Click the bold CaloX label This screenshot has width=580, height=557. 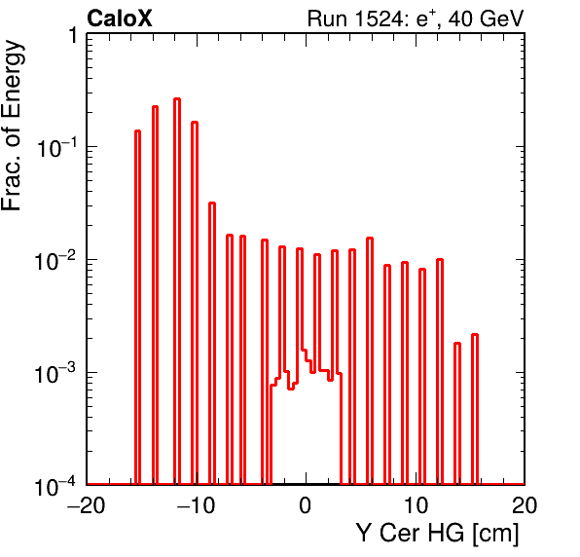(x=119, y=19)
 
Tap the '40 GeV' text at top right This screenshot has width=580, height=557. (x=486, y=19)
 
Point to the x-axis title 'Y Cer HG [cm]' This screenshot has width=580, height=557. (x=437, y=534)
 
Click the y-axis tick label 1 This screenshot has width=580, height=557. (x=73, y=35)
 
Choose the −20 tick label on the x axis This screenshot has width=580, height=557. (x=86, y=505)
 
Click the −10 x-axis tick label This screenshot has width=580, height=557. (x=196, y=505)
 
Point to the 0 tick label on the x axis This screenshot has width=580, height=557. (x=306, y=505)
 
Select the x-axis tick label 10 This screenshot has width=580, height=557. (x=416, y=505)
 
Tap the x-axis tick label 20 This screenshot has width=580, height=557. (x=525, y=505)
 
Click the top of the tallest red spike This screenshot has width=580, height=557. (x=177, y=98)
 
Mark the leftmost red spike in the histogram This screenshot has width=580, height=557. (x=137, y=307)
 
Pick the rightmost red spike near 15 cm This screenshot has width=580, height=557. (x=475, y=409)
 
